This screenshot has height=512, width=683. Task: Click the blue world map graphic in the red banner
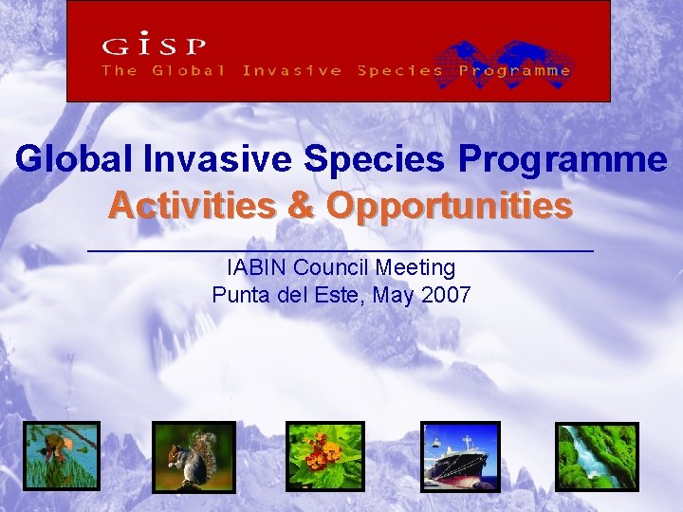(511, 59)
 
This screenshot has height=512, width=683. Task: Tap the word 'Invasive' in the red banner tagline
(292, 70)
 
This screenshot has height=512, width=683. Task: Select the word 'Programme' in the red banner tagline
(515, 70)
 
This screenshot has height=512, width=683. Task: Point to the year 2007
(447, 295)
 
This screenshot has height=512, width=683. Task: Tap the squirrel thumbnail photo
(194, 456)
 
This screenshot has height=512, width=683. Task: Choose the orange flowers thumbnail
(324, 456)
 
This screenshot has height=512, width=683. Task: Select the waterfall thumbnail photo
(596, 456)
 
